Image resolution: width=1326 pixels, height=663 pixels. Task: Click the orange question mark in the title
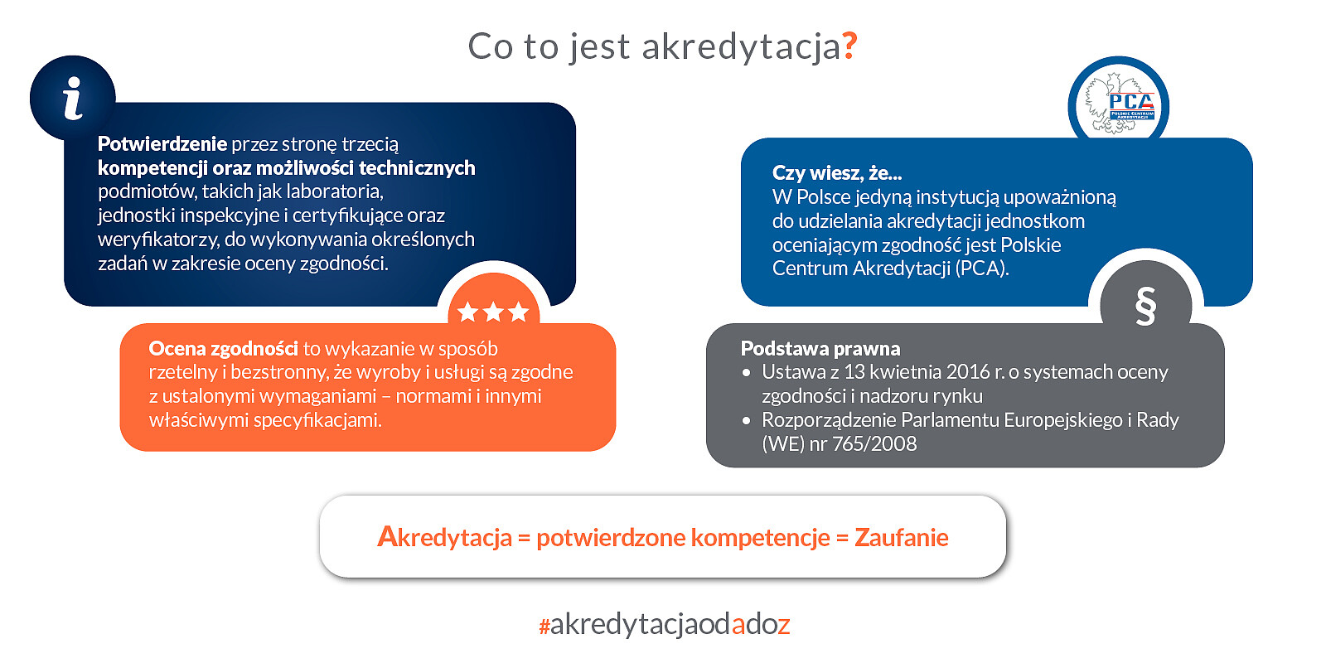pyautogui.click(x=849, y=46)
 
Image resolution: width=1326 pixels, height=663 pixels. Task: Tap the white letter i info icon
pyautogui.click(x=73, y=99)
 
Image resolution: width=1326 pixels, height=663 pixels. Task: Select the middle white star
pyautogui.click(x=493, y=312)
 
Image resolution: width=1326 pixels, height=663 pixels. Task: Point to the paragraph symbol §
pyautogui.click(x=1145, y=306)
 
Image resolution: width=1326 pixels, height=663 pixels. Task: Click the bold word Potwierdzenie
pyautogui.click(x=162, y=144)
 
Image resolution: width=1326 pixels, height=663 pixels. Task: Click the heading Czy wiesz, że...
pyautogui.click(x=836, y=173)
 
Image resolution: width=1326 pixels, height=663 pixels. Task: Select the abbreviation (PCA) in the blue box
pyautogui.click(x=981, y=269)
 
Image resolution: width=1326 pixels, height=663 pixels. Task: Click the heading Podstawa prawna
pyautogui.click(x=820, y=348)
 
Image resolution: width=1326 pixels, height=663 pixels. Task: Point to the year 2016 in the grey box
pyautogui.click(x=968, y=372)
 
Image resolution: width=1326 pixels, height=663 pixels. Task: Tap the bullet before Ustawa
pyautogui.click(x=747, y=373)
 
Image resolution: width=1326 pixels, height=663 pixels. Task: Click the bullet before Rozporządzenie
pyautogui.click(x=747, y=421)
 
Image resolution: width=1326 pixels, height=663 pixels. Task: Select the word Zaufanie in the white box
pyautogui.click(x=901, y=538)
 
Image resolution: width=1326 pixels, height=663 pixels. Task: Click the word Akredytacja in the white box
pyautogui.click(x=444, y=538)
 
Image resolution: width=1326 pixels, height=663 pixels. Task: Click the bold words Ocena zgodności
pyautogui.click(x=223, y=349)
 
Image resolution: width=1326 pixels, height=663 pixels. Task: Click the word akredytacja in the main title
pyautogui.click(x=741, y=47)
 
